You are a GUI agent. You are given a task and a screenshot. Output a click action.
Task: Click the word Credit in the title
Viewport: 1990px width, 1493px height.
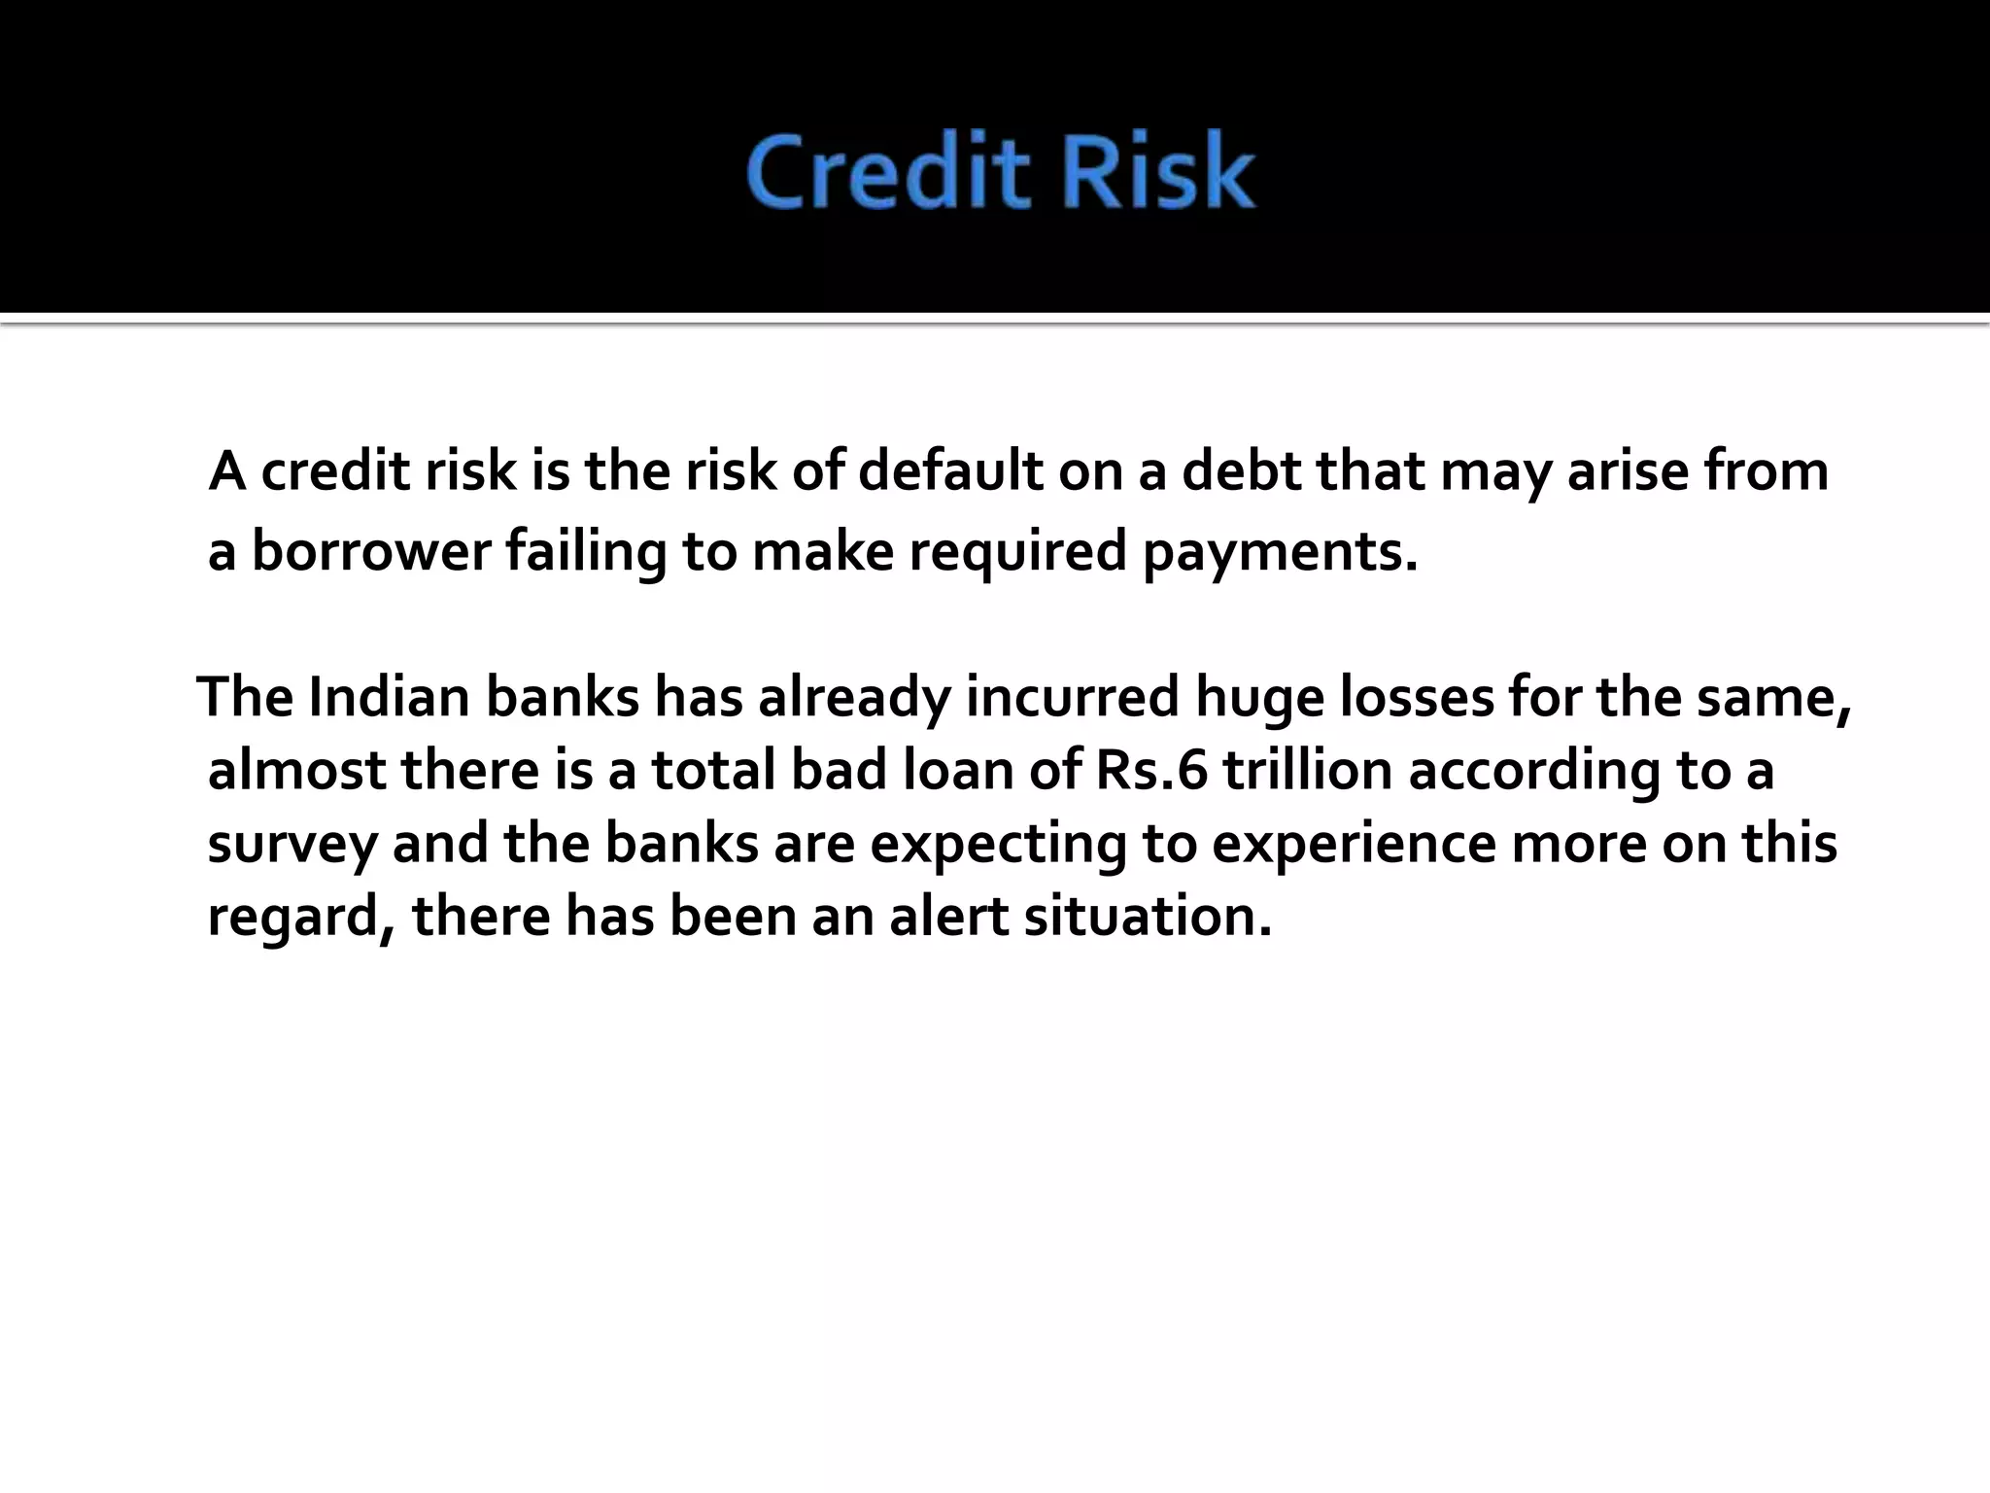pyautogui.click(x=887, y=173)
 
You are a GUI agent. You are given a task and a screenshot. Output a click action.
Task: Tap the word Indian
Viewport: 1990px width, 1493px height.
pyautogui.click(x=389, y=697)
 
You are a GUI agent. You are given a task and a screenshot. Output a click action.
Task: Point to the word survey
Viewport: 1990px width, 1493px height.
pyautogui.click(x=292, y=845)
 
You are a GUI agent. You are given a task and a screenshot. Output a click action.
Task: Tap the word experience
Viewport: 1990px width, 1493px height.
pyautogui.click(x=1354, y=845)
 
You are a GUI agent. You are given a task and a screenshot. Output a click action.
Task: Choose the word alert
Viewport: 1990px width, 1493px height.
pyautogui.click(x=948, y=917)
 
